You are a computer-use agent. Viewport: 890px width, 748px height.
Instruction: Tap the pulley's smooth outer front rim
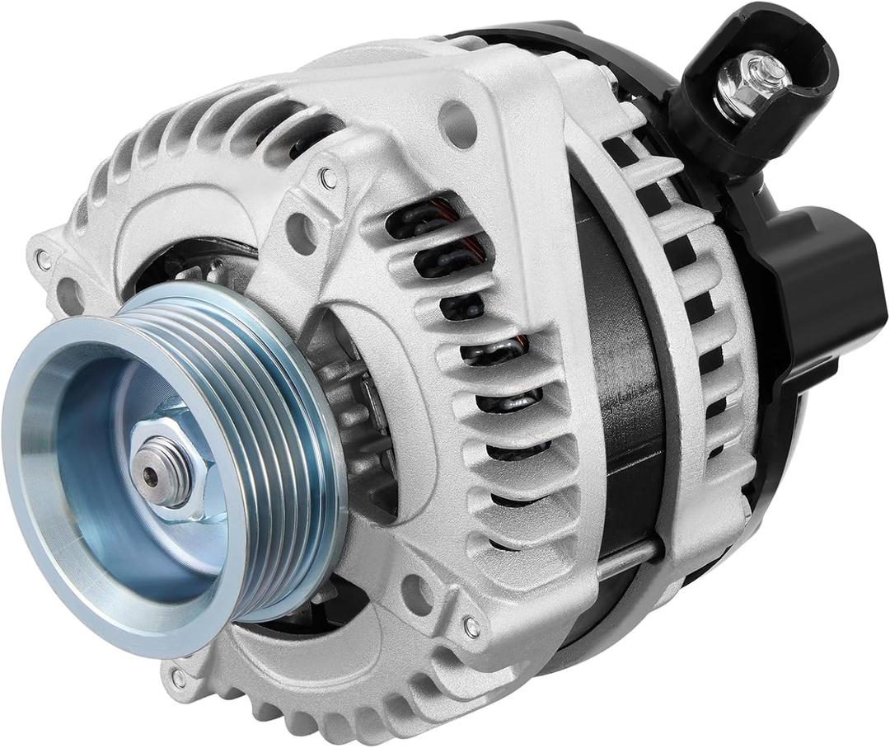click(49, 462)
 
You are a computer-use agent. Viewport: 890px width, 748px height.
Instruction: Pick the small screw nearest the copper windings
click(329, 176)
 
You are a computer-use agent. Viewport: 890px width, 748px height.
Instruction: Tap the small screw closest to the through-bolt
click(471, 627)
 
